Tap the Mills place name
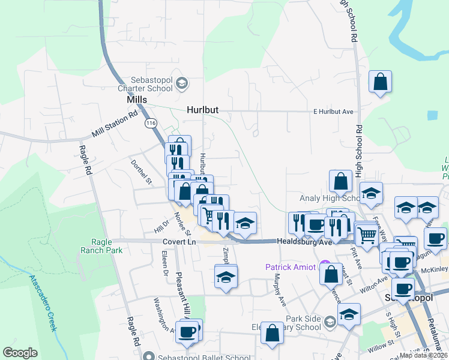pos(137,100)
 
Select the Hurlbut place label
pos(202,110)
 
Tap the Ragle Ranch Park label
pos(102,246)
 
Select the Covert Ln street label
pos(179,241)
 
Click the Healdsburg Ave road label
pos(304,241)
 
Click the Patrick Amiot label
pos(291,266)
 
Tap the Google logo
pos(20,353)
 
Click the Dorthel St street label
pos(142,172)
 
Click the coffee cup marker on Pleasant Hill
pos(187,332)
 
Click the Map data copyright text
pos(424,355)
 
